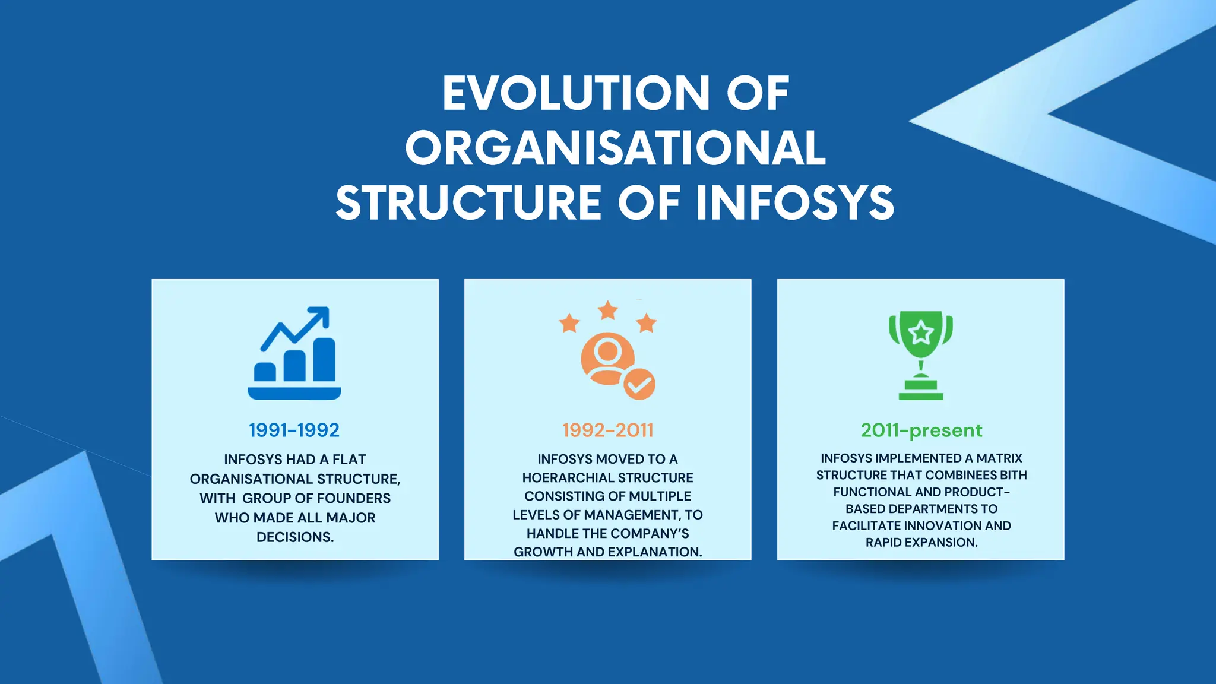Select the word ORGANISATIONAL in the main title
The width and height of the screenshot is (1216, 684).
[x=616, y=148]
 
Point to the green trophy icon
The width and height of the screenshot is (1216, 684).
[x=920, y=354]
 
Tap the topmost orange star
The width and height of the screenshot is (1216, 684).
[x=607, y=310]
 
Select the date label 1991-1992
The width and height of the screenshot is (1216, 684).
[x=294, y=430]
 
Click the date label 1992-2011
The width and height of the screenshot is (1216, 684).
[x=607, y=430]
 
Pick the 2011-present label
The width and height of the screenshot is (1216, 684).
[x=921, y=430]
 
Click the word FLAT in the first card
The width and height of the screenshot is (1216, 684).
[x=349, y=460]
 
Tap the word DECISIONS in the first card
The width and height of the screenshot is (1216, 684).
[x=295, y=537]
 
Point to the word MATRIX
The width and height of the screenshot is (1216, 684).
[x=999, y=458]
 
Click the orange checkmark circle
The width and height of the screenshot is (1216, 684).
[x=639, y=384]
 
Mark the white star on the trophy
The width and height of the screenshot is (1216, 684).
[x=921, y=332]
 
